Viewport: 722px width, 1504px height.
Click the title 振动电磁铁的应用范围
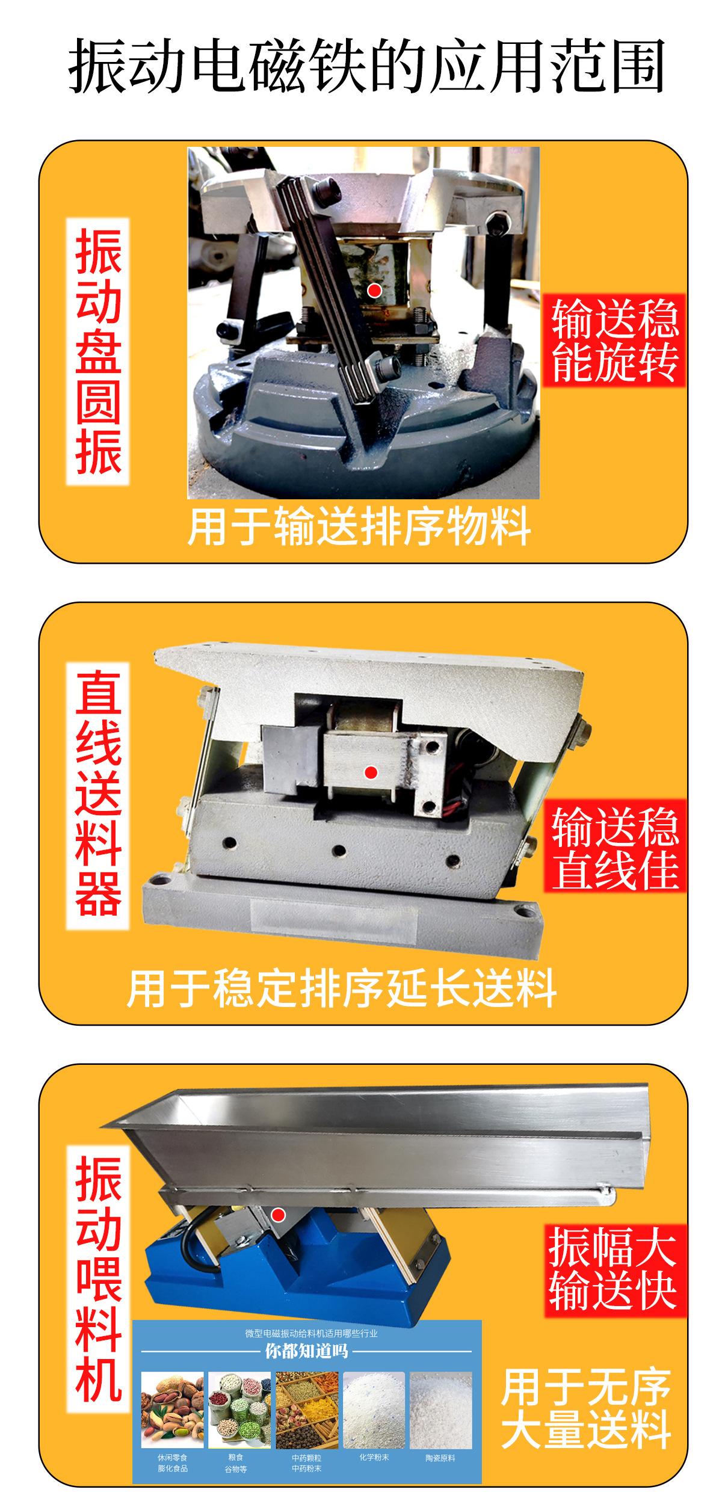pyautogui.click(x=366, y=66)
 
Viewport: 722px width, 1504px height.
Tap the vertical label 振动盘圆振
pyautogui.click(x=98, y=351)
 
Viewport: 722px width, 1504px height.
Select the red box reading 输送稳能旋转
pyautogui.click(x=614, y=341)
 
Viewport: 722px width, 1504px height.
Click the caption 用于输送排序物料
pyautogui.click(x=359, y=526)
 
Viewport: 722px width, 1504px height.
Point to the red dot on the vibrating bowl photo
pyautogui.click(x=374, y=291)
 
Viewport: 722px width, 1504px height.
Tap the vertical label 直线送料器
pyautogui.click(x=98, y=795)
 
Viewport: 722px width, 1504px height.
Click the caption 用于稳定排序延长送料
pyautogui.click(x=342, y=988)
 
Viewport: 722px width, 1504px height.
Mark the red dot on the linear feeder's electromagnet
pyautogui.click(x=371, y=772)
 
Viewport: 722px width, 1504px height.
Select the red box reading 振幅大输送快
pyautogui.click(x=614, y=1269)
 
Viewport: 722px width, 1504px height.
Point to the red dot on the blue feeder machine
pyautogui.click(x=278, y=1215)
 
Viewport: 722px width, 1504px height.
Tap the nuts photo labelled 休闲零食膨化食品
pyautogui.click(x=173, y=1410)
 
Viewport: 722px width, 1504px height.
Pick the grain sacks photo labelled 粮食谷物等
pyautogui.click(x=239, y=1410)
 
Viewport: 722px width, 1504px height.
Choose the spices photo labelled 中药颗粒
pyautogui.click(x=307, y=1410)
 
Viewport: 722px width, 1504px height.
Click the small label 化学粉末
pyautogui.click(x=374, y=1457)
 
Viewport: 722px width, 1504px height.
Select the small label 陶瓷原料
pyautogui.click(x=440, y=1458)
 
